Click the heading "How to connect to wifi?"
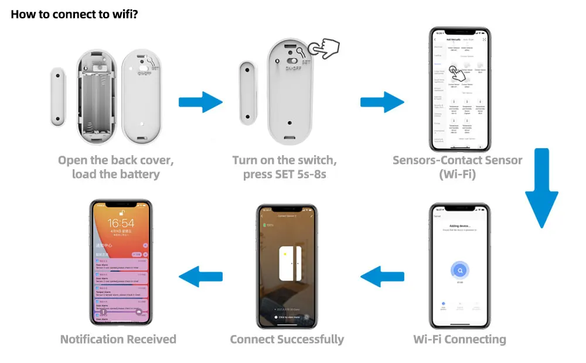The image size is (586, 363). (x=74, y=14)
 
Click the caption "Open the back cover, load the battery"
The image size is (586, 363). (x=115, y=167)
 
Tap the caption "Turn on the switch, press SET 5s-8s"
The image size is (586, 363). (x=285, y=167)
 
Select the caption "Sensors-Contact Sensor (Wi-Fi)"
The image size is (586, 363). (x=457, y=167)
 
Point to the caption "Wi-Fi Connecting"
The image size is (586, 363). (x=459, y=340)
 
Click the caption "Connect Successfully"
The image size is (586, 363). (x=287, y=340)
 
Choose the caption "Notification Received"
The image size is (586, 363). (x=118, y=340)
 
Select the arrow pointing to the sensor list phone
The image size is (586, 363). (x=381, y=101)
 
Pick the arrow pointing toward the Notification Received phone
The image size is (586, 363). (x=200, y=276)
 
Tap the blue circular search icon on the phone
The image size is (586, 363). (x=460, y=270)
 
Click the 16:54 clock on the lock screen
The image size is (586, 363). (x=121, y=223)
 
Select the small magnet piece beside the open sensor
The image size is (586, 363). (x=57, y=97)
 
